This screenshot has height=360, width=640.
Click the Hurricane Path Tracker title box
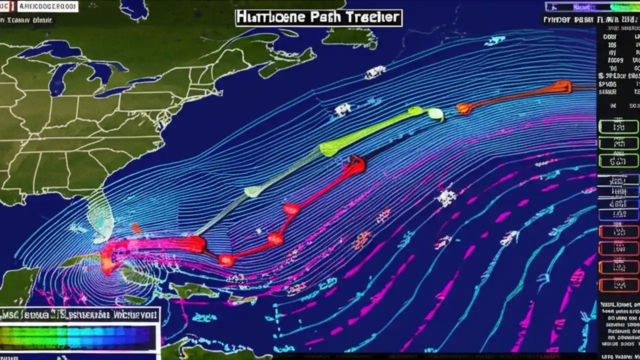[318, 17]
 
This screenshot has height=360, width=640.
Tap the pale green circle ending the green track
[435, 114]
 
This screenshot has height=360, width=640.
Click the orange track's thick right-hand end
[562, 87]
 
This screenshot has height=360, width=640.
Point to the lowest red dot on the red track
[226, 259]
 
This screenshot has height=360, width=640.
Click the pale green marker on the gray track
[252, 191]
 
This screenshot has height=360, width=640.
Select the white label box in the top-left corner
[47, 6]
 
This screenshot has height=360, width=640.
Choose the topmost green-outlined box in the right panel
[619, 127]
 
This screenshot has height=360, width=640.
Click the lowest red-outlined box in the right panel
[619, 285]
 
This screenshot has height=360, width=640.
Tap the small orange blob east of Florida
[136, 228]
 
